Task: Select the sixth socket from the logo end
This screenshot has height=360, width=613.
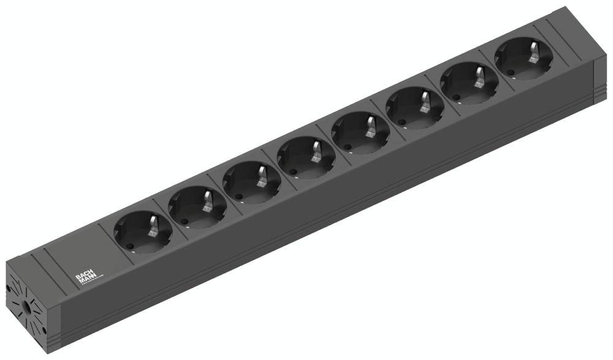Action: [x=414, y=109]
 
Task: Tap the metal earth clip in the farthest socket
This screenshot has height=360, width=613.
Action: [x=533, y=52]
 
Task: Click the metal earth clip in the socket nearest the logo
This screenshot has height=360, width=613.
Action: [x=154, y=224]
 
